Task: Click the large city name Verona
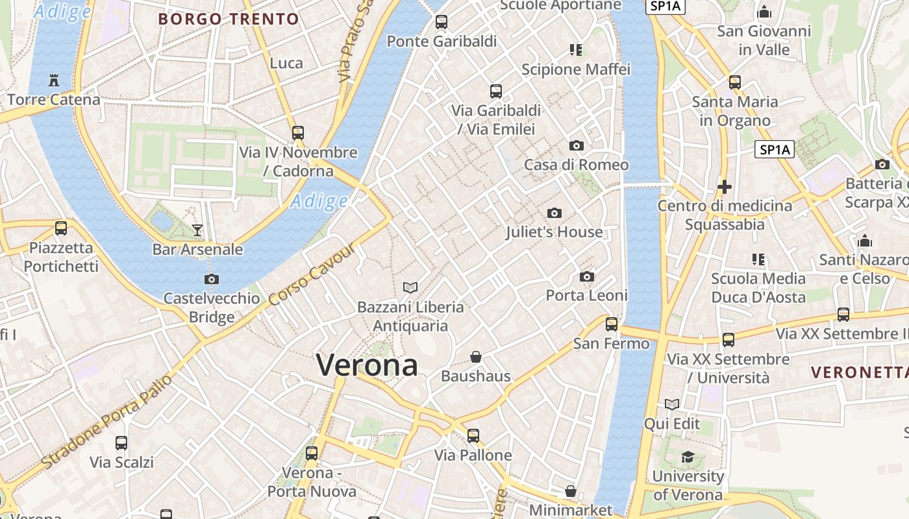[367, 365]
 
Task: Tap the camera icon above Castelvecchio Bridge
[211, 280]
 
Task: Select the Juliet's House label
[554, 232]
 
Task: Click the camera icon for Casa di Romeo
[576, 145]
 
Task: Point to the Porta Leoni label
[586, 295]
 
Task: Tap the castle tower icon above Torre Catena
[53, 80]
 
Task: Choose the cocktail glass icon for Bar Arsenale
[197, 230]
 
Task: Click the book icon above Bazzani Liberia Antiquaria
[410, 287]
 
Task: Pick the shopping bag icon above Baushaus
[476, 357]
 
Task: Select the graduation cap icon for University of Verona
[687, 457]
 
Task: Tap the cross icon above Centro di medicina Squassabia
[724, 187]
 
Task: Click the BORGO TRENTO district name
[229, 19]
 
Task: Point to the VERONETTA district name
[859, 372]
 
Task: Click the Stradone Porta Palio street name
[107, 422]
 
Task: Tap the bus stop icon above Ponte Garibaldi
[442, 22]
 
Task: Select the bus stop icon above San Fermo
[612, 324]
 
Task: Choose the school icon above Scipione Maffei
[576, 50]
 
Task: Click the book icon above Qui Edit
[671, 405]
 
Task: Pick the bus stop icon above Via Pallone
[473, 436]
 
